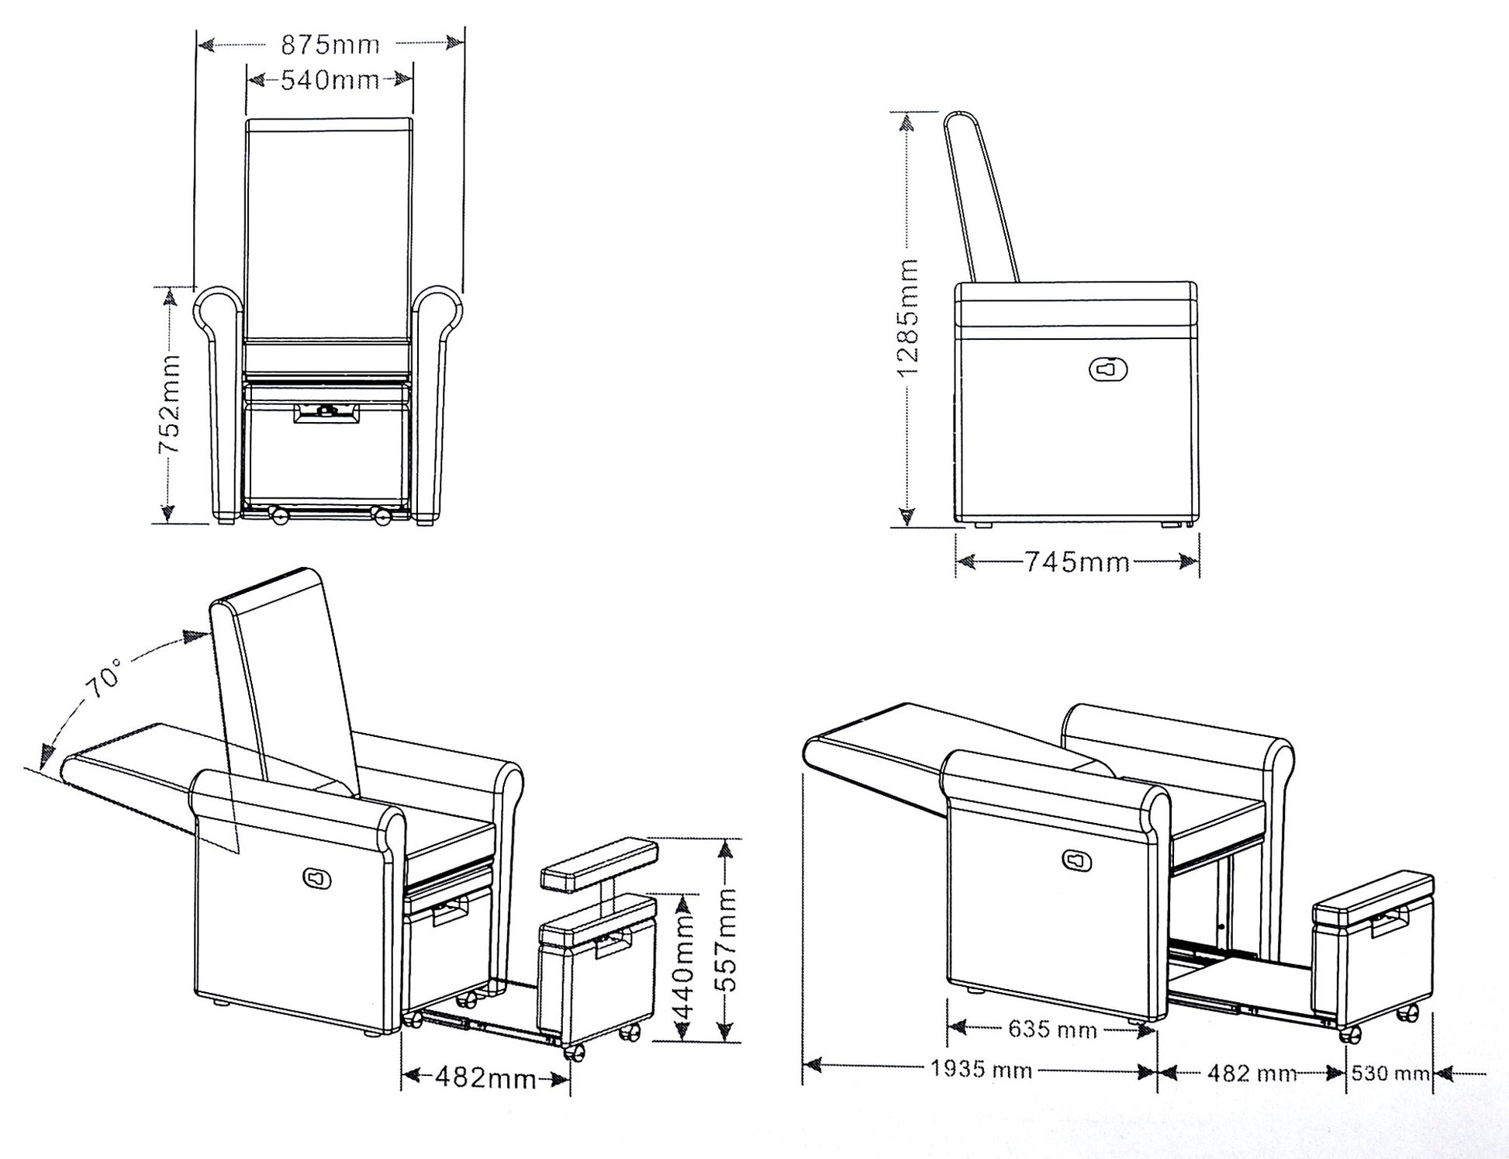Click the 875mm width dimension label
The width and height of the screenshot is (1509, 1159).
pyautogui.click(x=330, y=45)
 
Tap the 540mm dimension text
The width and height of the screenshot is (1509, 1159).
pyautogui.click(x=330, y=79)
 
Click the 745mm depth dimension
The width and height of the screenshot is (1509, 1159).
pyautogui.click(x=1078, y=561)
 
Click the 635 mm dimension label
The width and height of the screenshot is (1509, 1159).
pyautogui.click(x=1052, y=1029)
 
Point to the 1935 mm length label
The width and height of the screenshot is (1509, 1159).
pyautogui.click(x=981, y=1071)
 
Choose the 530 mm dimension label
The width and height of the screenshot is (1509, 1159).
pyautogui.click(x=1391, y=1073)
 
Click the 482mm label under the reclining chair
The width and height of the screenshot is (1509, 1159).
pyautogui.click(x=485, y=1077)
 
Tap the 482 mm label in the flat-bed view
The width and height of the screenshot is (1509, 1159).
pyautogui.click(x=1252, y=1073)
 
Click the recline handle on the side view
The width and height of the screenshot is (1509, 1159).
pyautogui.click(x=1108, y=370)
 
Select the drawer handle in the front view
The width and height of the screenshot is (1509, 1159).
pyautogui.click(x=326, y=413)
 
